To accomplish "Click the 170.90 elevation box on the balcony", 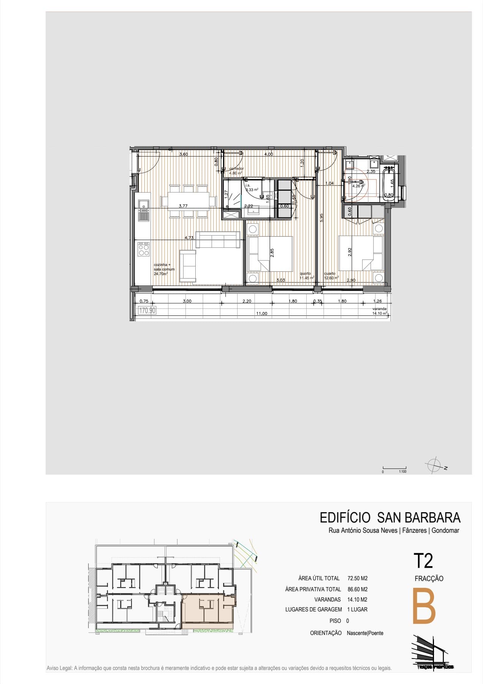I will pyautogui.click(x=147, y=310).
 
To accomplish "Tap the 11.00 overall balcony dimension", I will pyautogui.click(x=261, y=313).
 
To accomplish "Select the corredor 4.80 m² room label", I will pyautogui.click(x=236, y=171).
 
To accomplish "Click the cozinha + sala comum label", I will pyautogui.click(x=164, y=269).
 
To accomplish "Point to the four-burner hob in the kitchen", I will pyautogui.click(x=144, y=249).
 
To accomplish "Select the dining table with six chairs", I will pyautogui.click(x=189, y=201).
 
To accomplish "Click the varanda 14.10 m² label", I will pyautogui.click(x=379, y=311).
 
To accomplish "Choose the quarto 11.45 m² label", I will pyautogui.click(x=306, y=275).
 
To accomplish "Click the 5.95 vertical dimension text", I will pyautogui.click(x=321, y=218).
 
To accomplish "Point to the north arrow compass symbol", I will pyautogui.click(x=434, y=465).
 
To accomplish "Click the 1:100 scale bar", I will pyautogui.click(x=394, y=469).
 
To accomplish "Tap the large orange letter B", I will pyautogui.click(x=424, y=606).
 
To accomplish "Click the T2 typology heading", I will pyautogui.click(x=423, y=561).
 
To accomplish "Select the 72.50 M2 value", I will pyautogui.click(x=357, y=578).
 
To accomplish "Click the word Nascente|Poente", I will pyautogui.click(x=365, y=633).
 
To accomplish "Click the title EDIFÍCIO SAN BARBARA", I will pyautogui.click(x=390, y=518).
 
